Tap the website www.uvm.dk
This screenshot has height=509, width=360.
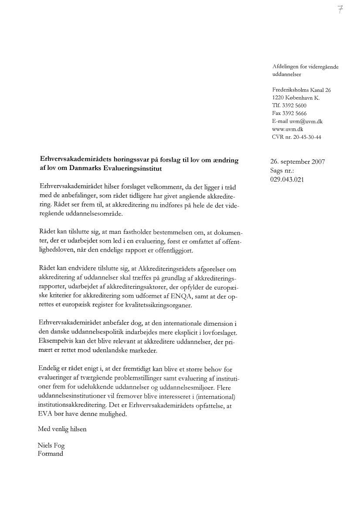click(288, 129)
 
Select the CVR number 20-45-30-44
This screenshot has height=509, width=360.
click(309, 137)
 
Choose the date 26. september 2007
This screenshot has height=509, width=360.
click(298, 162)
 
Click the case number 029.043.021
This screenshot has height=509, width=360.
click(287, 179)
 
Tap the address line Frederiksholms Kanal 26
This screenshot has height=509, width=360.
click(301, 90)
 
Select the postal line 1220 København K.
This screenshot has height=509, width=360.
click(295, 98)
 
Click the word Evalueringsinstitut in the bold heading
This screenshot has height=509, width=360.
click(129, 169)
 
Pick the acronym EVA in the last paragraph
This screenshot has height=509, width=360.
click(45, 414)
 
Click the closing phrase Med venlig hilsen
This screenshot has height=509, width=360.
click(62, 429)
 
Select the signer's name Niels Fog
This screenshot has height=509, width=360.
click(51, 446)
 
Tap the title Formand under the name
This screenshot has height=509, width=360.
click(51, 454)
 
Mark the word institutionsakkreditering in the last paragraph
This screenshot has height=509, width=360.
click(73, 406)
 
